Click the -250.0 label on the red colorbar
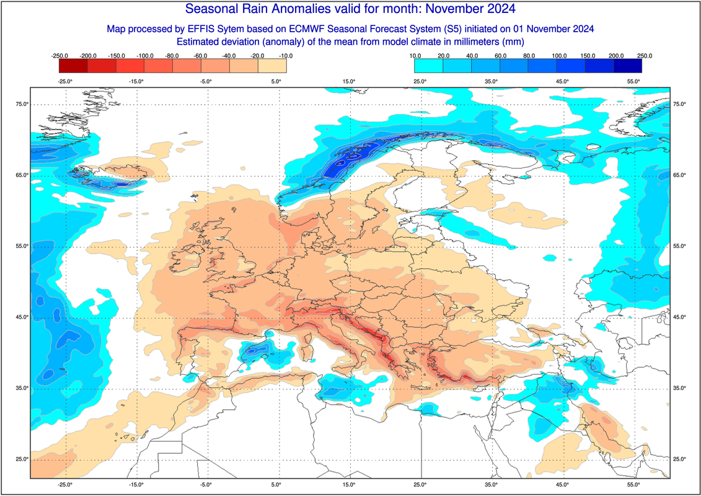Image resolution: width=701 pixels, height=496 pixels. (x=60, y=56)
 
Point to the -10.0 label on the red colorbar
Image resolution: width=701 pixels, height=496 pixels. (x=286, y=56)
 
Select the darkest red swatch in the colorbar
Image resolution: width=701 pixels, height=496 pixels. (x=73, y=65)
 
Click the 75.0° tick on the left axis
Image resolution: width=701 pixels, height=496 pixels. (x=22, y=104)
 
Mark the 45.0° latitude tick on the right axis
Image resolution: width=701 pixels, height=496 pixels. (x=679, y=317)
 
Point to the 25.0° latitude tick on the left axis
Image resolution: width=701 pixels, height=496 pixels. (x=22, y=459)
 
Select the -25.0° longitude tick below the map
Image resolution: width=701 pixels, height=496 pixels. (x=65, y=485)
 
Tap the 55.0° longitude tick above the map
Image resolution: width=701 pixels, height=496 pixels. (x=633, y=81)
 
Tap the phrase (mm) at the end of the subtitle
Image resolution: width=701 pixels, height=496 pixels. (x=514, y=42)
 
